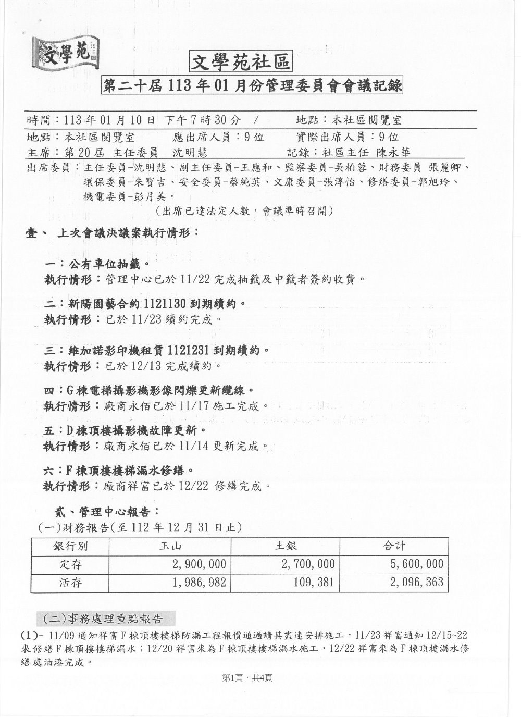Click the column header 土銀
(x=286, y=546)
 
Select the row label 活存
(x=71, y=582)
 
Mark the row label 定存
(x=71, y=563)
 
